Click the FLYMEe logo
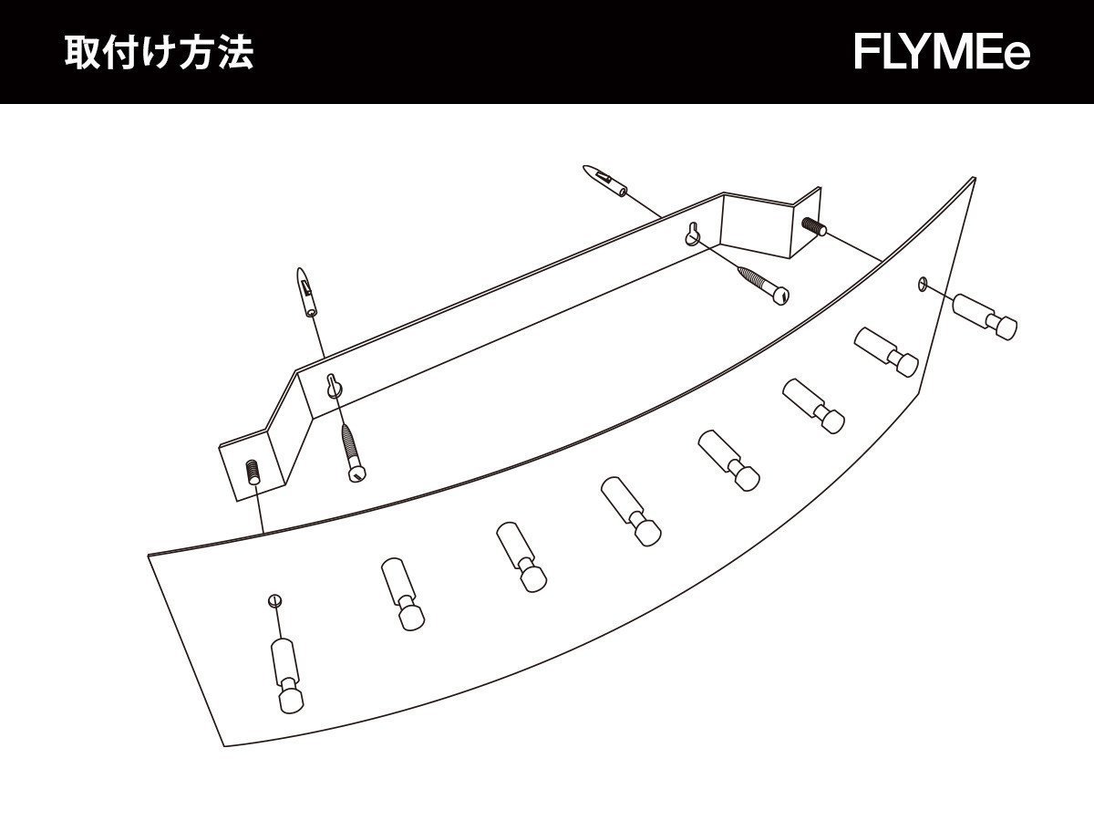[942, 53]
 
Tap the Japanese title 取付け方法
[159, 53]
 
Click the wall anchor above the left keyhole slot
[306, 292]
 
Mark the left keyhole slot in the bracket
[334, 387]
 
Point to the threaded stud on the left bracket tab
[253, 472]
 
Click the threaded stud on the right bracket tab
[812, 226]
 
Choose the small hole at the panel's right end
[922, 285]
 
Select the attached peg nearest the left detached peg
[401, 593]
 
